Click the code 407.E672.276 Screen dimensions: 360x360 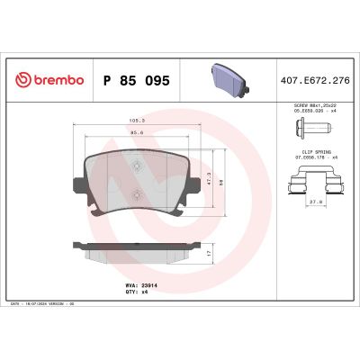click(316, 80)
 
